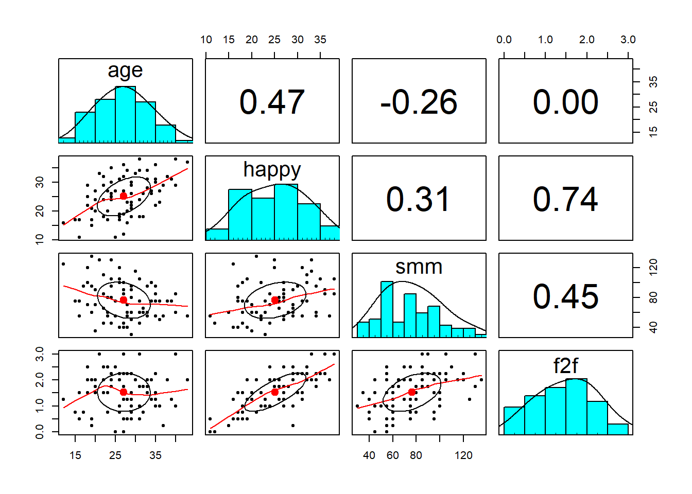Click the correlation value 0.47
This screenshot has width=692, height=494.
272,102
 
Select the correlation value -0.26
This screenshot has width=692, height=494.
419,102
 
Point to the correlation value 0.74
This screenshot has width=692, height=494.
565,199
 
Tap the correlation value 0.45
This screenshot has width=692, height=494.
565,296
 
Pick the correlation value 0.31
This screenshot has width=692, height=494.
419,199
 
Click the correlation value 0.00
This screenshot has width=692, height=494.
565,102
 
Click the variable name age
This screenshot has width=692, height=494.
125,70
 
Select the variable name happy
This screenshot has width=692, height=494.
272,169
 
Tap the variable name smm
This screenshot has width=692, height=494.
419,267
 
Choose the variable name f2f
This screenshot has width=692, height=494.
565,366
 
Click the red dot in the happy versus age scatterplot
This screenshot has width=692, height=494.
124,196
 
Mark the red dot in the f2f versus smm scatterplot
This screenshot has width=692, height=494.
412,392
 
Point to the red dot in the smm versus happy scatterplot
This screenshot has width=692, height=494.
275,300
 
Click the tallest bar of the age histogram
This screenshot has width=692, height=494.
125,114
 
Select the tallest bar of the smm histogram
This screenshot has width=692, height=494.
387,309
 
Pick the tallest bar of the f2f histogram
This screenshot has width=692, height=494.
576,407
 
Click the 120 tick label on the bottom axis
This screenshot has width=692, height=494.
463,455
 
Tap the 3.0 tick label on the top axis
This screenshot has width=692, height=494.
628,40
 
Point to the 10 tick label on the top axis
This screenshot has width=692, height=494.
206,40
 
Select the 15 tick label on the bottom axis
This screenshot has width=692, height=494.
75,455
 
